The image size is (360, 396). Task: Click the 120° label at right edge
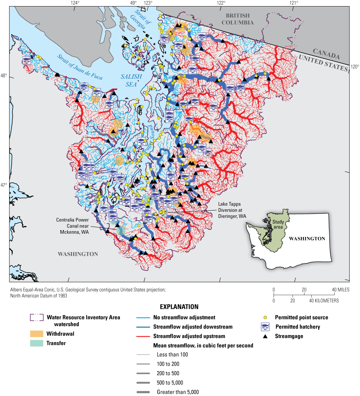pos(355,66)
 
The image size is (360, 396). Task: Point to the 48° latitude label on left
pos(4,76)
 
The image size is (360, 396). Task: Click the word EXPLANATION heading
pos(179,307)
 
